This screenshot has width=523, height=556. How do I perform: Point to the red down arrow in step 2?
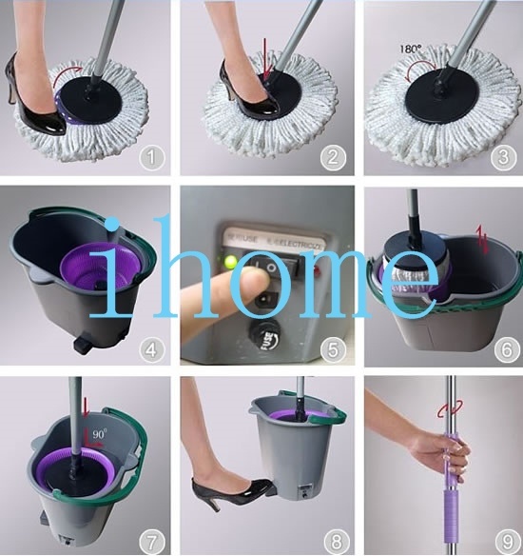tap(269, 69)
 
